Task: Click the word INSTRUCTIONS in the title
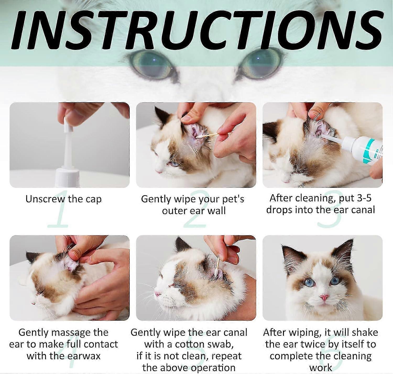click(x=196, y=29)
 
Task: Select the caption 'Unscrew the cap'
click(x=63, y=199)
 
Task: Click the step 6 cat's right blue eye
click(x=335, y=281)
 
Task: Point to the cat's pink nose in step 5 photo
click(x=157, y=294)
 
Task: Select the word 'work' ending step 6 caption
click(x=321, y=368)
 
